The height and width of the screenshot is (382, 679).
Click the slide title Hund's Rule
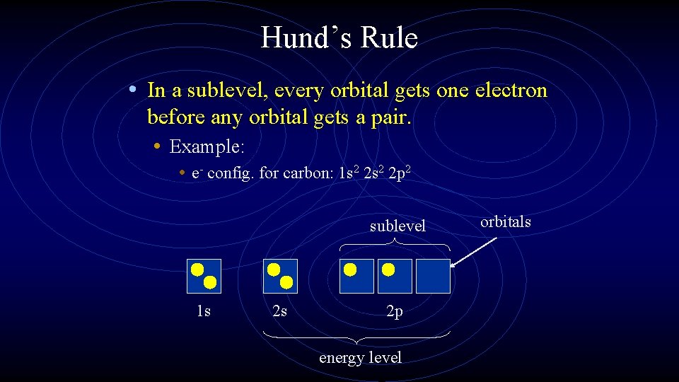point(339,37)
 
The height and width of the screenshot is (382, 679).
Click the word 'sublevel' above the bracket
point(397,226)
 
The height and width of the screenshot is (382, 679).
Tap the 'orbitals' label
point(506,221)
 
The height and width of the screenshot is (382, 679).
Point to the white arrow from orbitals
point(473,253)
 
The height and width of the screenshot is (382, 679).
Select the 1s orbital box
point(204,276)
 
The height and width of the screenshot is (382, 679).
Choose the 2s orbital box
point(280,276)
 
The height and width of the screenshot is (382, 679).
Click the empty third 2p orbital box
point(433,276)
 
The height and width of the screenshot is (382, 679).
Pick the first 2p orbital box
point(356,276)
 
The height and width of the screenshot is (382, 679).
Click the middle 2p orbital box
point(395,276)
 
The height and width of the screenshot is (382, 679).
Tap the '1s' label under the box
point(204,311)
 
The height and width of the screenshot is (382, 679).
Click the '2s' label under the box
point(280,311)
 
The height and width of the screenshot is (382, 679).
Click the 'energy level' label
point(360,357)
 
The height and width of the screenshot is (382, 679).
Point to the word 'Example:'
point(207,147)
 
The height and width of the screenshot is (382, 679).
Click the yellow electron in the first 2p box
point(350,270)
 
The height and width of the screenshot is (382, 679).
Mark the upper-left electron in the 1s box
point(197,269)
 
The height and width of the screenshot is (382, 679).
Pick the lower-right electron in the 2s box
point(286,282)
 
